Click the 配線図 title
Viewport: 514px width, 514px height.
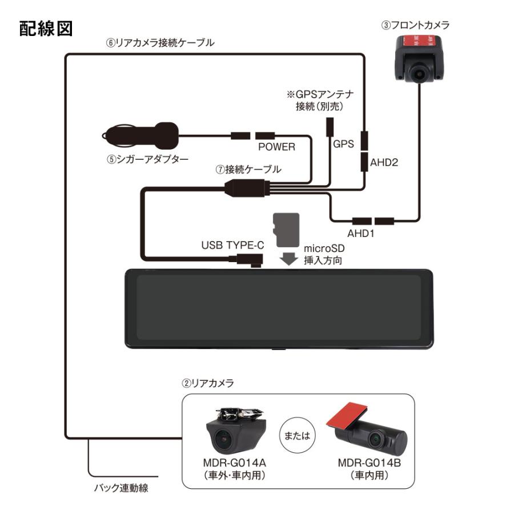pyautogui.click(x=46, y=29)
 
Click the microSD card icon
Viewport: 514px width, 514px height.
pyautogui.click(x=286, y=230)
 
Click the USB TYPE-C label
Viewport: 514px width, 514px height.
pyautogui.click(x=232, y=245)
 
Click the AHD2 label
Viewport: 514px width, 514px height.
pyautogui.click(x=384, y=162)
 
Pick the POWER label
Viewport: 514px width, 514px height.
pyautogui.click(x=276, y=147)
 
